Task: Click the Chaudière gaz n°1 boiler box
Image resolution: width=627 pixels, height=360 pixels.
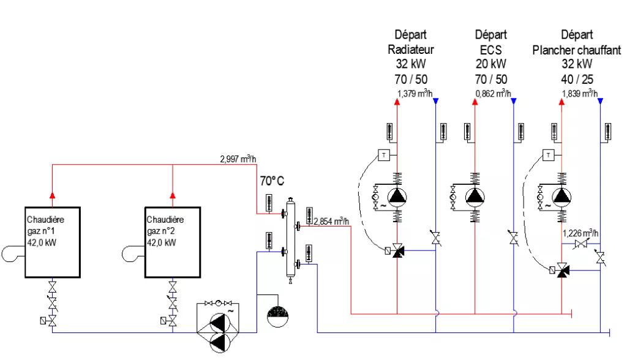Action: (53, 242)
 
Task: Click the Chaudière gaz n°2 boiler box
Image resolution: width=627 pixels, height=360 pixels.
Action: (173, 242)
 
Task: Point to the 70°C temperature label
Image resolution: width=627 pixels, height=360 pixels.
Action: (272, 181)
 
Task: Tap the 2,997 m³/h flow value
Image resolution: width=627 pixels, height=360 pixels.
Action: (238, 159)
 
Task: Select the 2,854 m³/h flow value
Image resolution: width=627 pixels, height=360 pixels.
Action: (331, 221)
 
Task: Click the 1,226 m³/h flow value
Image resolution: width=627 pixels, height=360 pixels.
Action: (580, 233)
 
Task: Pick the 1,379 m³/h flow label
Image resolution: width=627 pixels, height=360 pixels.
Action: (415, 94)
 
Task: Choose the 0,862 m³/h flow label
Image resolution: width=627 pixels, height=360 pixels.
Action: (493, 94)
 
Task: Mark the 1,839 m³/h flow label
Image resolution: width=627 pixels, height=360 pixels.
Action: (579, 94)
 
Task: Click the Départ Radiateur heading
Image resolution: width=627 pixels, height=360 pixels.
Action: (411, 42)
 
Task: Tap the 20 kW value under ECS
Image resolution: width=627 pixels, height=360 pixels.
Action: (491, 64)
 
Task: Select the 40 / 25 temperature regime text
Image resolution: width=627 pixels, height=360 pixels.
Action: (577, 79)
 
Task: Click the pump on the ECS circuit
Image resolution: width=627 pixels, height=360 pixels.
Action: (475, 196)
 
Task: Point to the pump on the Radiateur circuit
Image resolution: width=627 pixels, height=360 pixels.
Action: (397, 196)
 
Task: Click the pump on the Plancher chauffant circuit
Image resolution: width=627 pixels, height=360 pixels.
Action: (561, 196)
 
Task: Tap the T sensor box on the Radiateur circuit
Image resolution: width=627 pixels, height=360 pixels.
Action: (384, 154)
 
